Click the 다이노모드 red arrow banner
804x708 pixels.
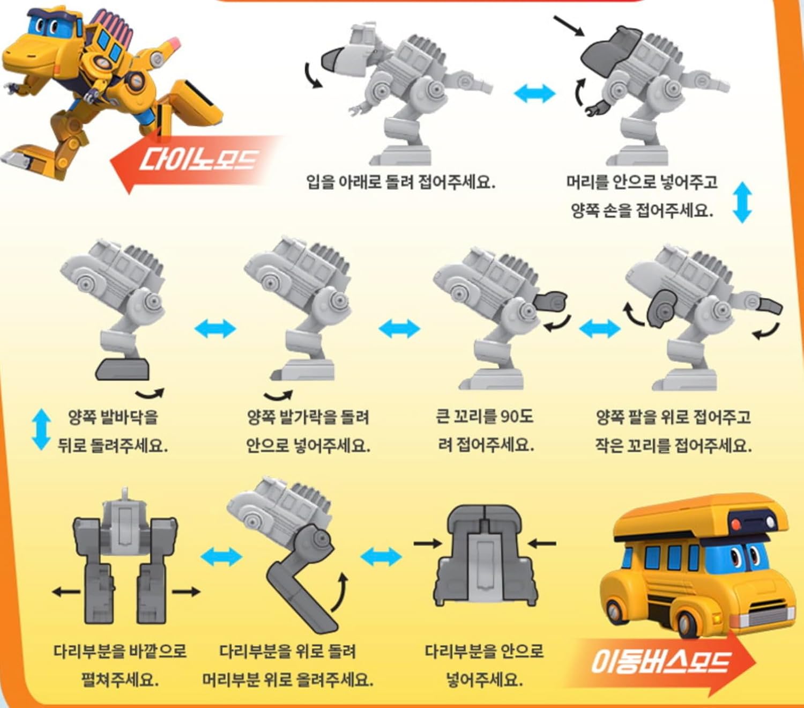coord(193,161)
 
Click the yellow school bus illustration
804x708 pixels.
coord(697,563)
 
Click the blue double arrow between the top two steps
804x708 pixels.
coord(534,93)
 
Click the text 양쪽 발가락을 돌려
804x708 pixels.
coord(308,417)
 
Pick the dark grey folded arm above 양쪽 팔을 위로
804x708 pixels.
coord(662,308)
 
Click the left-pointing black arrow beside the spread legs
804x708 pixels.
coord(65,592)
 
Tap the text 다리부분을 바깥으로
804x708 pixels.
coord(120,651)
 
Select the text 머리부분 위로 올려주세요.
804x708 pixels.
coord(287,680)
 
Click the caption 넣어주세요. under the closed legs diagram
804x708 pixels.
coord(484,680)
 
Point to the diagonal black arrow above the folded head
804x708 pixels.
coord(569,26)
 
